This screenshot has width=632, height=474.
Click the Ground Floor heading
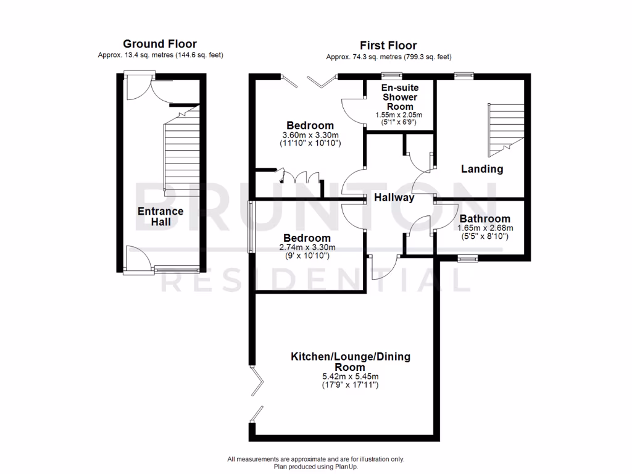[x=160, y=44]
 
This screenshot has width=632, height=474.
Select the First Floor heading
[x=388, y=45]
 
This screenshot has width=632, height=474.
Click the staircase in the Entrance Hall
[x=182, y=154]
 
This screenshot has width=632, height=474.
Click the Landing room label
[x=482, y=168]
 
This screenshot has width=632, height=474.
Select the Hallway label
[x=394, y=198]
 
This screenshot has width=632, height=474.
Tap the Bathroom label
[x=485, y=218]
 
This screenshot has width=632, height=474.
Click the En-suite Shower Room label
[x=400, y=97]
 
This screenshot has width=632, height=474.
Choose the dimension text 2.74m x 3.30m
[x=307, y=247]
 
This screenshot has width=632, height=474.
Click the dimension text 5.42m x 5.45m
[x=351, y=376]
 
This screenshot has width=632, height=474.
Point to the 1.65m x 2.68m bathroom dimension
[x=485, y=228]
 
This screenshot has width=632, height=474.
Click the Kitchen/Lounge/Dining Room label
[x=351, y=362]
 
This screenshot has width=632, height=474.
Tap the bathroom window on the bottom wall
[x=468, y=259]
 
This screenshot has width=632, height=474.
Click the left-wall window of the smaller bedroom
[x=251, y=227]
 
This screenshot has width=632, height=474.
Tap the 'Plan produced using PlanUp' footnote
[x=315, y=467]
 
